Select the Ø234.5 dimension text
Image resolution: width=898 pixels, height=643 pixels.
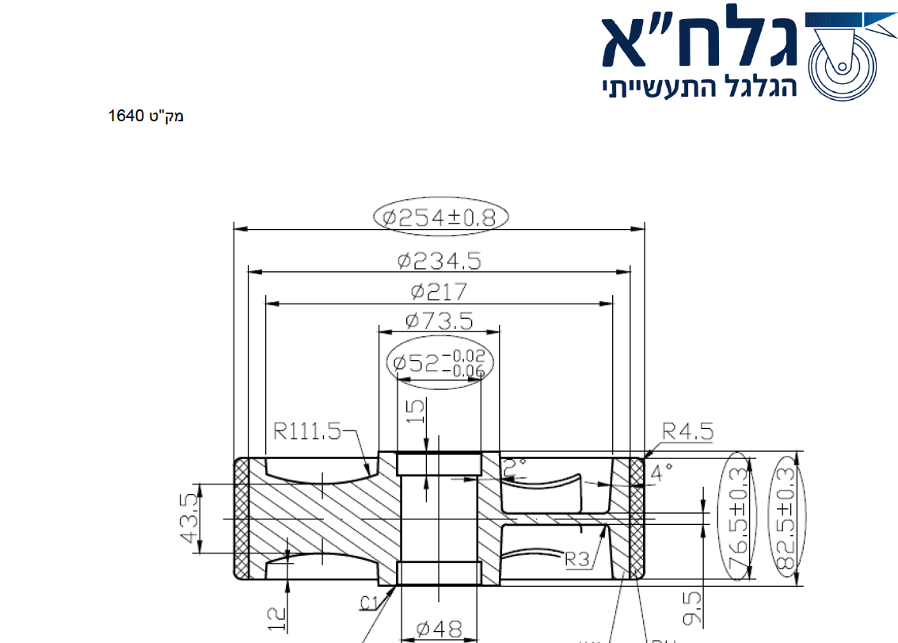click(x=439, y=260)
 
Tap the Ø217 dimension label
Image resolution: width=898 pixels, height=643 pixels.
click(x=439, y=291)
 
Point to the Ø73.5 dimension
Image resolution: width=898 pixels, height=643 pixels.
click(x=439, y=321)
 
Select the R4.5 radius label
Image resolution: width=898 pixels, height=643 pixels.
click(x=687, y=431)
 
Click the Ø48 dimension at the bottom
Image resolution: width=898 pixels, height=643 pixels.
click(x=439, y=630)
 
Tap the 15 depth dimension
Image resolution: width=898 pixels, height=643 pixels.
click(x=416, y=411)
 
